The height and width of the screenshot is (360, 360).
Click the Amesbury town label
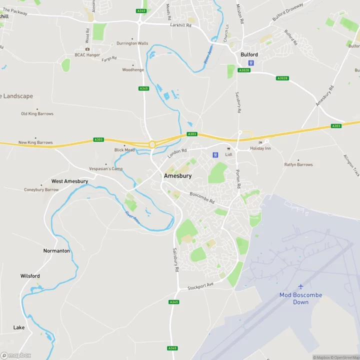coord(177,176)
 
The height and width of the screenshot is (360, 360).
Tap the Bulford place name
coord(249,54)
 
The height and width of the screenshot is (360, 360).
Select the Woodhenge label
coord(133,70)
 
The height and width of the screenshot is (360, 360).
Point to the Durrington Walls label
coord(132,43)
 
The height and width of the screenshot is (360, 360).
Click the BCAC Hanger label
coord(87,55)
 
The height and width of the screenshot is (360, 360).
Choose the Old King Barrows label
coord(37,114)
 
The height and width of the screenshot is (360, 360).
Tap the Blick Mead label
coord(124,150)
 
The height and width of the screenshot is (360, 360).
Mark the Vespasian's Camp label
coord(105,169)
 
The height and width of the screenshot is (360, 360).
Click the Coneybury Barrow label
coord(41,190)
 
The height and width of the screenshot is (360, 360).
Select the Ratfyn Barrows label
coord(298,164)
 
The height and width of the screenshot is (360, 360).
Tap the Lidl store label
coord(229,154)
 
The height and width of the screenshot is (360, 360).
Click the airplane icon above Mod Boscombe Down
coord(300,286)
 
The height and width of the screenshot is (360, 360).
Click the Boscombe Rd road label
coord(202,197)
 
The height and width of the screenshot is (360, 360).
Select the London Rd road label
coord(177,153)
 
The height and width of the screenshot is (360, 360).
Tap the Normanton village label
coord(56,251)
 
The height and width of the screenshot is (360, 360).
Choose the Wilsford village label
coord(30,276)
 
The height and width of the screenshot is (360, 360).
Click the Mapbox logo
coord(16,355)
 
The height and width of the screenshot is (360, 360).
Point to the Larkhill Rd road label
coord(180,24)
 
